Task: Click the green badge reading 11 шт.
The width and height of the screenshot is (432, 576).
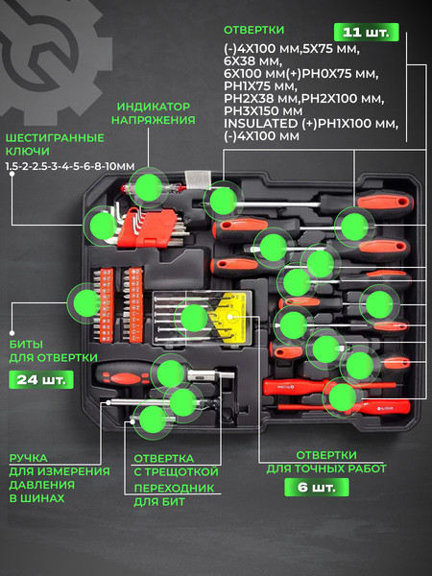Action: (367, 33)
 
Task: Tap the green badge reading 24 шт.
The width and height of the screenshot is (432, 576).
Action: (41, 380)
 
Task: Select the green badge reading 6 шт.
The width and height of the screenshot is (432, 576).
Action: (317, 488)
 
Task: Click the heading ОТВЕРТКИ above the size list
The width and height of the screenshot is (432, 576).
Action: (253, 30)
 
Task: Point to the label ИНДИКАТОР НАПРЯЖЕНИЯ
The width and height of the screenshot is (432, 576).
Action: (154, 113)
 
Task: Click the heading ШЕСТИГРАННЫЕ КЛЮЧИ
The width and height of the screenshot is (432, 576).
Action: (55, 144)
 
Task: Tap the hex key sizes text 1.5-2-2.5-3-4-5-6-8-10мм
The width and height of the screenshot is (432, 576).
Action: (70, 166)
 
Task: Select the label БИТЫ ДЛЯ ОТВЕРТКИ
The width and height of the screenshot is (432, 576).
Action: (53, 350)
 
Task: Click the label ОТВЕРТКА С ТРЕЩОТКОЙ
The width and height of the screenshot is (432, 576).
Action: (176, 465)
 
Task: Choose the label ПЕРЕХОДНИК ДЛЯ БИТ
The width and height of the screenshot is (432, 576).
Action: (174, 494)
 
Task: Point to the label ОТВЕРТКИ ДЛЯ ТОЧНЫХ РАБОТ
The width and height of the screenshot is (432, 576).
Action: (326, 462)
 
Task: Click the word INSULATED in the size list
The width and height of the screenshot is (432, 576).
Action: (261, 124)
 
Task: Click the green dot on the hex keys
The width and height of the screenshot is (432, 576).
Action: (104, 226)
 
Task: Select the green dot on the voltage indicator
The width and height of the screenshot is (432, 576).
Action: (149, 187)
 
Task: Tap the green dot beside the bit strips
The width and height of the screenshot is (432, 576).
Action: (87, 303)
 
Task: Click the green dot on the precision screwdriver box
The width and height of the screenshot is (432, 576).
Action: (194, 318)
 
